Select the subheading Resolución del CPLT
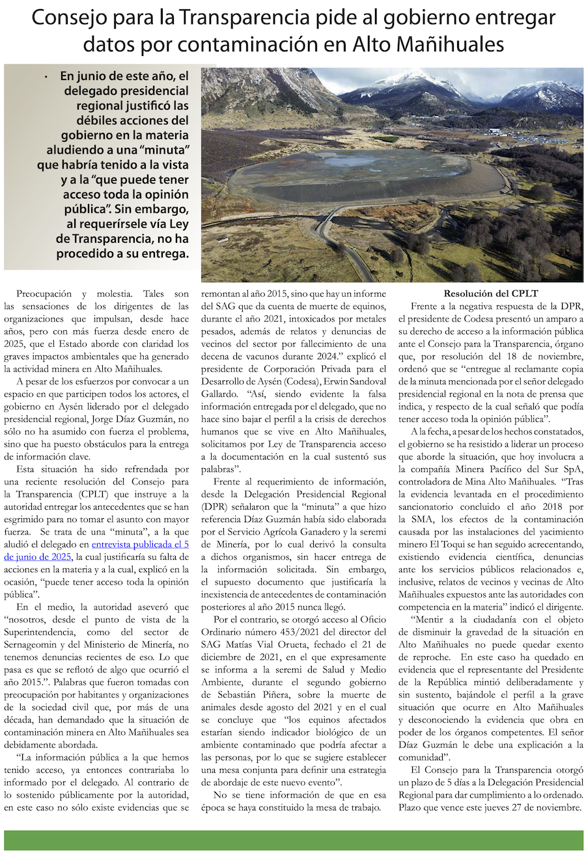491,294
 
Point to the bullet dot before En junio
46,77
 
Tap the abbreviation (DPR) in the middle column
214,506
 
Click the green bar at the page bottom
293,840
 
